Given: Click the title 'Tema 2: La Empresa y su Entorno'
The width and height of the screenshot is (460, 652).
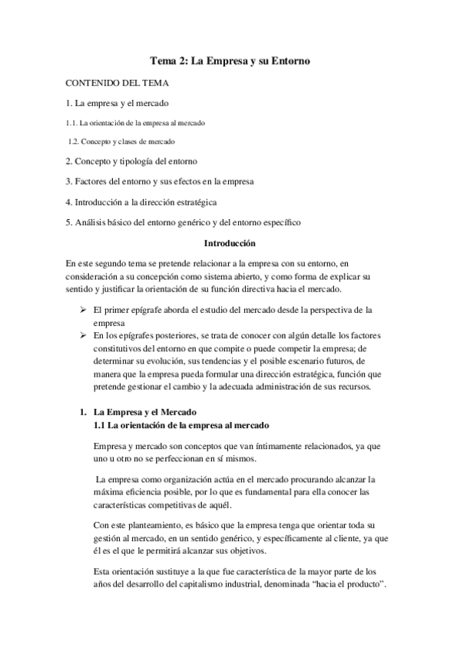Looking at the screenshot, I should tap(230, 60).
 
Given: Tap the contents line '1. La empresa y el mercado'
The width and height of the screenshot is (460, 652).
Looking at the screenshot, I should tap(117, 102).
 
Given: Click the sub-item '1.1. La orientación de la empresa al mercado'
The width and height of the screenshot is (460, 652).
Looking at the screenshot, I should tap(134, 122).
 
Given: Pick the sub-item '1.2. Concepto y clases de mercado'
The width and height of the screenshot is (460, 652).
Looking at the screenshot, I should tap(121, 141).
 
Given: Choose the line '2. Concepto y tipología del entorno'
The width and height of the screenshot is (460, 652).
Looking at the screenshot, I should tap(131, 161).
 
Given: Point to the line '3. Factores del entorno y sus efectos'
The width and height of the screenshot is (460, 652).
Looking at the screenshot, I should tap(159, 181).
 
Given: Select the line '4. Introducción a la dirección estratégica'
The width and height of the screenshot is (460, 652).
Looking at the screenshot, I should tap(141, 202).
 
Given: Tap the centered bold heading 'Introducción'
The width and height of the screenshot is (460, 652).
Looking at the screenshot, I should tap(230, 243).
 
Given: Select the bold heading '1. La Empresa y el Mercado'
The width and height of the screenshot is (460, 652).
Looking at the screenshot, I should tap(139, 412).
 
